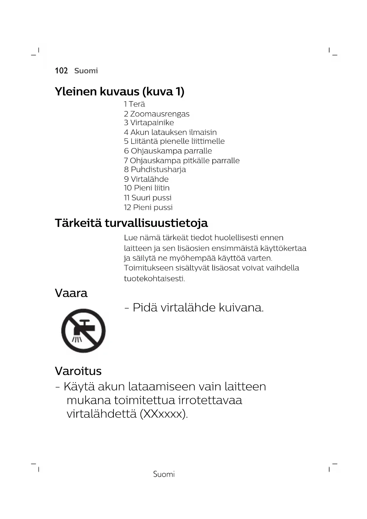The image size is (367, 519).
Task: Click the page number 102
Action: pyautogui.click(x=61, y=71)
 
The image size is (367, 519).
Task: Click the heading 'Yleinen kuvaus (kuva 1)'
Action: pyautogui.click(x=119, y=91)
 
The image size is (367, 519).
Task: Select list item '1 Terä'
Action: pyautogui.click(x=135, y=104)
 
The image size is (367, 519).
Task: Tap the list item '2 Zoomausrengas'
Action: pyautogui.click(x=157, y=114)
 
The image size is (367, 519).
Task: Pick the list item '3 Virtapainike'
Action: pyautogui.click(x=149, y=123)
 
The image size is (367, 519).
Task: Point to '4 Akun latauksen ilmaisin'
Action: pyautogui.click(x=170, y=132)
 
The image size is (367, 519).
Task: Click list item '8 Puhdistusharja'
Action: pyautogui.click(x=155, y=170)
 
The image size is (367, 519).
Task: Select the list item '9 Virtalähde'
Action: pyautogui.click(x=146, y=179)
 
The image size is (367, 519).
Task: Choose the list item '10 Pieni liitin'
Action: pyautogui.click(x=147, y=188)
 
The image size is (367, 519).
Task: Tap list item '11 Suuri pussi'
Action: pyautogui.click(x=148, y=198)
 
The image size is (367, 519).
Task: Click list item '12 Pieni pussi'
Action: pyautogui.click(x=148, y=207)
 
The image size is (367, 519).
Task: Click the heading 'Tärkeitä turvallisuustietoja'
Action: pyautogui.click(x=131, y=223)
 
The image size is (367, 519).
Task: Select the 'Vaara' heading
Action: pyautogui.click(x=71, y=293)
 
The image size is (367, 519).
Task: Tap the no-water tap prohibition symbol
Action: pyautogui.click(x=83, y=331)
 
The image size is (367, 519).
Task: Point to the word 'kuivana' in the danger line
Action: pyautogui.click(x=241, y=308)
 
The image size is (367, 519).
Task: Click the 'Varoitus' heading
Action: pyautogui.click(x=78, y=371)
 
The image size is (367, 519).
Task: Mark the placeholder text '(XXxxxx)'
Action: pyautogui.click(x=164, y=414)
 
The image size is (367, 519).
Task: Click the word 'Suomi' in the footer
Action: pyautogui.click(x=164, y=474)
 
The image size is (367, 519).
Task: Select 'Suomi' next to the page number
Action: pyautogui.click(x=86, y=71)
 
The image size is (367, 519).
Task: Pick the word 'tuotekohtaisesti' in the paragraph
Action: pyautogui.click(x=154, y=279)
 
